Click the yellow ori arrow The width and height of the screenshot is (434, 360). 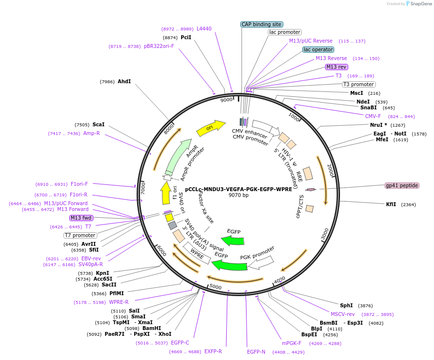point(210,128)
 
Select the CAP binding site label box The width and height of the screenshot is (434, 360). point(262,24)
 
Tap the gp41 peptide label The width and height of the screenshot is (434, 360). point(402,185)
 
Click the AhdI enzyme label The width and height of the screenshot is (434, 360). point(124,82)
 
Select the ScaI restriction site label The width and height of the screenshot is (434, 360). point(98,124)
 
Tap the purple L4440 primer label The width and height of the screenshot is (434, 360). point(204,29)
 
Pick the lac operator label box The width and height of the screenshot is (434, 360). point(318,49)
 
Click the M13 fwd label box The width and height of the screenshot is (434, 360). point(81,218)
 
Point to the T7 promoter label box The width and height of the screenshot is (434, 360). point(80,235)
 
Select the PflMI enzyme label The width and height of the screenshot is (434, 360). point(116,293)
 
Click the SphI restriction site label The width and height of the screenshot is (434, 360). point(346,305)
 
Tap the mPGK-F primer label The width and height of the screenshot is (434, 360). point(292,343)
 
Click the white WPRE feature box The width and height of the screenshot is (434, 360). point(197,253)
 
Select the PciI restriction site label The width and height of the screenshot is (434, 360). point(186,37)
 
